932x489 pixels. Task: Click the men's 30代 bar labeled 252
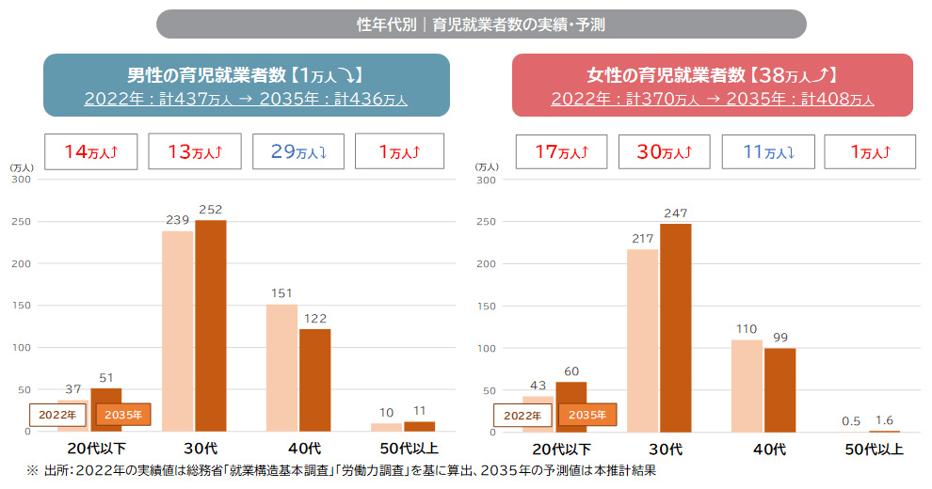[x=211, y=324]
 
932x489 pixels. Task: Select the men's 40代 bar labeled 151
[x=281, y=367]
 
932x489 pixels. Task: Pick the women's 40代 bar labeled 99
[x=779, y=389]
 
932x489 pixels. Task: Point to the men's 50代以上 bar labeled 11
[x=419, y=426]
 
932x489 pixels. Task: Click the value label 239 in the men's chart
[x=177, y=219]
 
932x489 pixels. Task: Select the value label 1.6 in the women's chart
[x=883, y=420]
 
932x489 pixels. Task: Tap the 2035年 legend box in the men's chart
[x=123, y=414]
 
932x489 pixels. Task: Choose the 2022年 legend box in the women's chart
[x=522, y=414]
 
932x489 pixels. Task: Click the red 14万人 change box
[x=92, y=151]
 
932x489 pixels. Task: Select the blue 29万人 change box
[x=297, y=151]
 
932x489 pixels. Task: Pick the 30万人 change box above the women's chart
[x=665, y=151]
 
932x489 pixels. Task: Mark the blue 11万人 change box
[x=767, y=151]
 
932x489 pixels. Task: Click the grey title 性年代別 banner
[x=480, y=24]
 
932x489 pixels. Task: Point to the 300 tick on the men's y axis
[x=21, y=179]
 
